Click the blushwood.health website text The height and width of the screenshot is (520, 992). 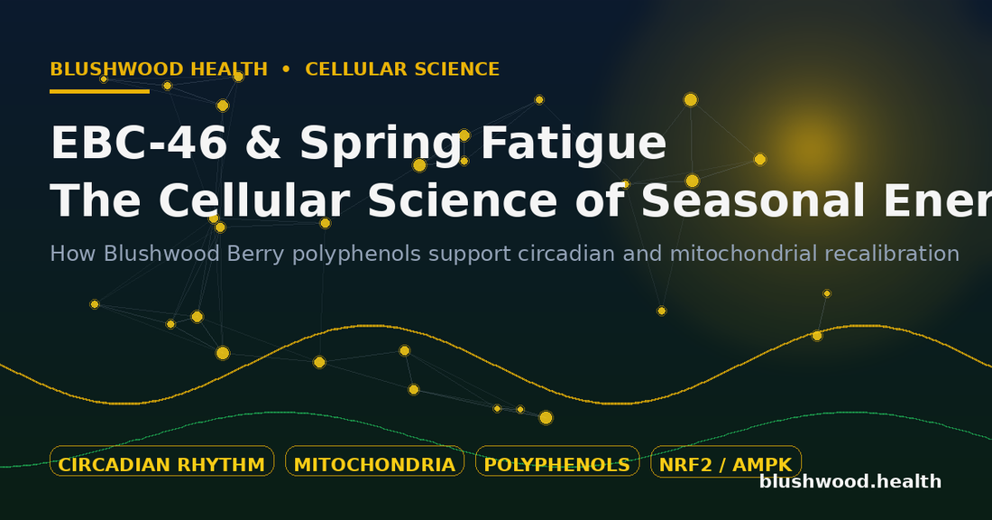tap(850, 482)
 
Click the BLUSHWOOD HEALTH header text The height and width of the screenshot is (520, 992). tap(159, 70)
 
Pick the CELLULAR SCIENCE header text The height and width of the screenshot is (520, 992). tap(402, 70)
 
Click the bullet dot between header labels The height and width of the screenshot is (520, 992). tap(287, 70)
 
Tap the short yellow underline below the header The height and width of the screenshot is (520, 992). tap(99, 91)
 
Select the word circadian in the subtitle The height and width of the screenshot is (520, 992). tap(566, 254)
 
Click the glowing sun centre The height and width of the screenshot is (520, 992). tap(812, 149)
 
